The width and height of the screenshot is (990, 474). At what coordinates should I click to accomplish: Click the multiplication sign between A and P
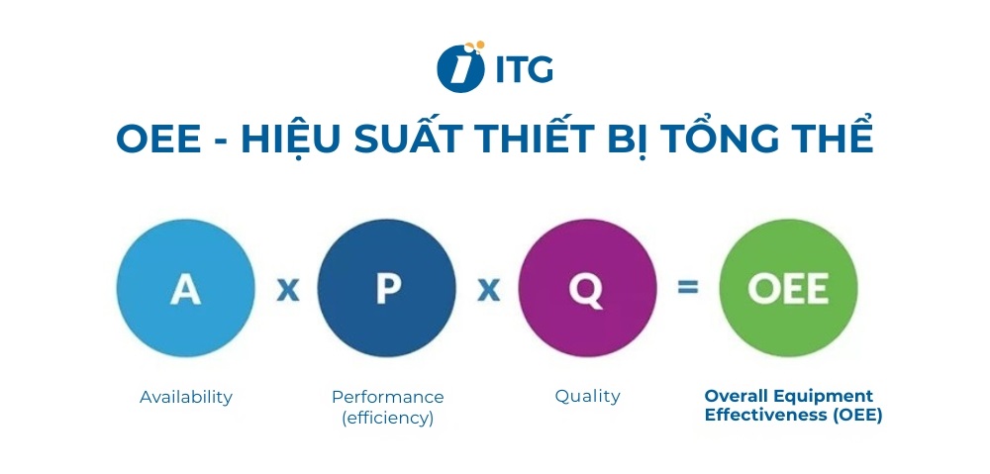pos(287,289)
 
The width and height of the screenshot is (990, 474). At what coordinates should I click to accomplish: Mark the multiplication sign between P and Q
pos(488,289)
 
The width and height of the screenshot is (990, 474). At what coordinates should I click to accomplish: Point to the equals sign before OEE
pos(687,288)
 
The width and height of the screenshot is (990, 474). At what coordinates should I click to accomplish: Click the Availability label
pos(186,397)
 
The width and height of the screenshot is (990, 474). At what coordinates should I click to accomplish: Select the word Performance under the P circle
pos(388,397)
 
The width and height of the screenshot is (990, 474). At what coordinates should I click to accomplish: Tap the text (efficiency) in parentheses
pos(388,418)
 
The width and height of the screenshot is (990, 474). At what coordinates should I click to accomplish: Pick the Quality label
pos(587,396)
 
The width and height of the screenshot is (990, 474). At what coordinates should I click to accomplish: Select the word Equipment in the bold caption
pos(825,396)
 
